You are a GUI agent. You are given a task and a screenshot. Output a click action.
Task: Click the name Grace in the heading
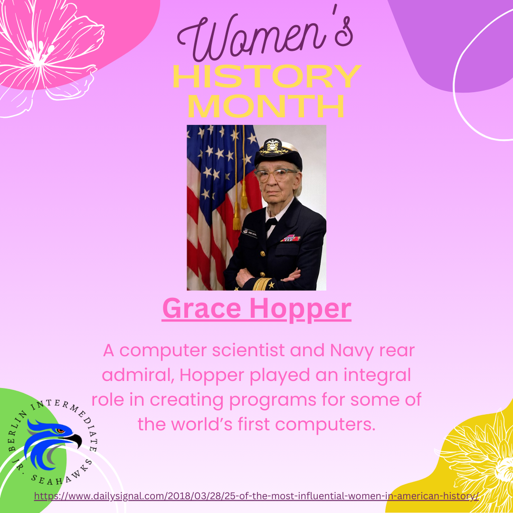(x=201, y=310)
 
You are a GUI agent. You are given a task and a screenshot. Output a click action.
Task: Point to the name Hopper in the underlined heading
(x=301, y=310)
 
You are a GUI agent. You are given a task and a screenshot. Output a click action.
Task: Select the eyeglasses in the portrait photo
(x=275, y=175)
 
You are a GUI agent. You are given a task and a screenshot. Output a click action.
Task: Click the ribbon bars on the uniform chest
(x=291, y=238)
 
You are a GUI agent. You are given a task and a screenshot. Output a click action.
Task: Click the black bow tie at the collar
(x=271, y=222)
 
